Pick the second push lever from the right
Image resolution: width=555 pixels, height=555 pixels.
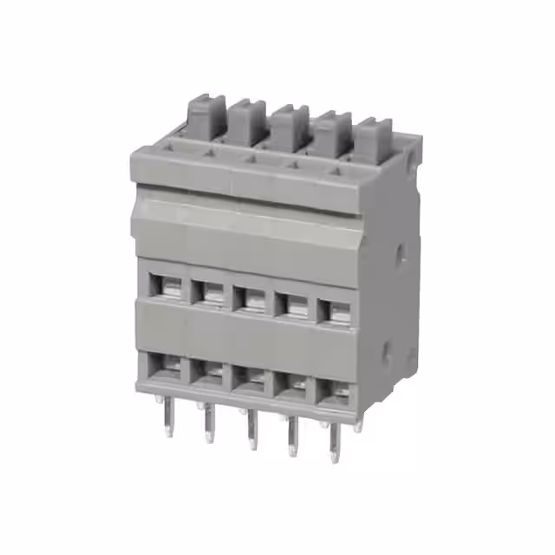coord(331,132)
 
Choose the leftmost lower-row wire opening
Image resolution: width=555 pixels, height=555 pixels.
coord(166,364)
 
